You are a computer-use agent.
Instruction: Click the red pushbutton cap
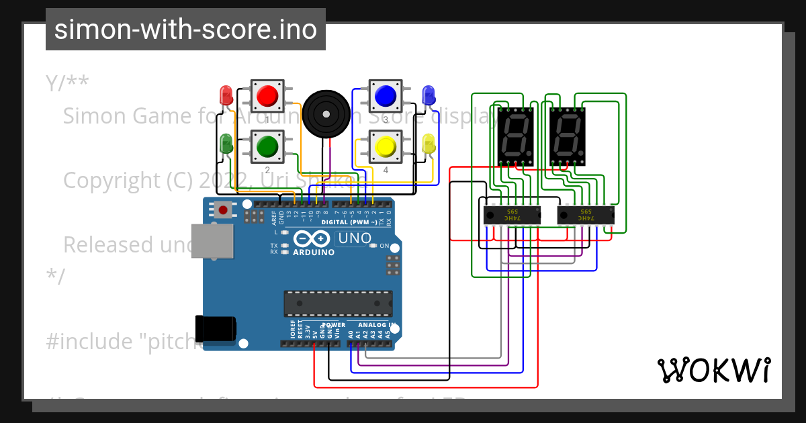tap(269, 95)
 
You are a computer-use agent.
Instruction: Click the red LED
tap(226, 93)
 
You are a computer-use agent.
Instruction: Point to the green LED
tap(226, 142)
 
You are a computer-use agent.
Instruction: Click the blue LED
tap(428, 95)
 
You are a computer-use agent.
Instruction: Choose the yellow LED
tap(429, 144)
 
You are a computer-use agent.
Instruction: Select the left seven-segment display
tap(514, 136)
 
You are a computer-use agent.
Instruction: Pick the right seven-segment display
tap(568, 136)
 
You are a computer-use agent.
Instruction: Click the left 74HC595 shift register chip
tap(512, 216)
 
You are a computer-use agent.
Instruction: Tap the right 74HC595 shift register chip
tap(586, 216)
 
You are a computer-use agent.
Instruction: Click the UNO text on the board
tap(354, 238)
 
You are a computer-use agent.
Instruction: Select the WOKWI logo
tap(713, 370)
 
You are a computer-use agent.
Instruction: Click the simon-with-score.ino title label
tap(185, 30)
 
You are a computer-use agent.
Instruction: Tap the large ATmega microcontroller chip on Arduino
tap(338, 303)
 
